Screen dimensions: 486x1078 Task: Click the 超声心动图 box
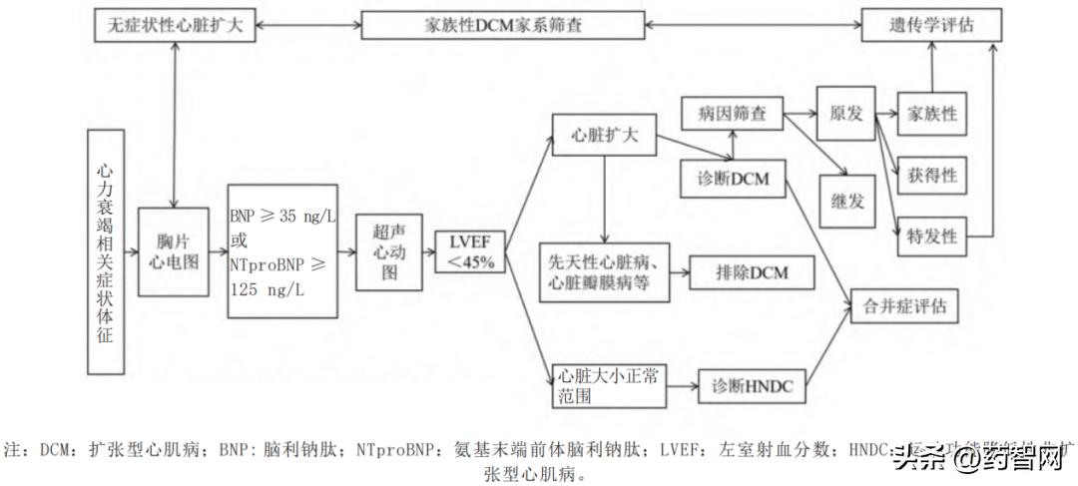tap(389, 250)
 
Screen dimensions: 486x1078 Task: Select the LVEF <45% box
tap(470, 250)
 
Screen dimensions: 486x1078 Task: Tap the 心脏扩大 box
tap(603, 135)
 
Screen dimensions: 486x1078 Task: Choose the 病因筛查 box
tap(732, 115)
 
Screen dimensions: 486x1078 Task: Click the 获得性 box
tap(931, 176)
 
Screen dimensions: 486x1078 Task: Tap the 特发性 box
tap(931, 237)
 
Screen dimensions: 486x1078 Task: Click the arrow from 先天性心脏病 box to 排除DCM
tap(677, 271)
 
